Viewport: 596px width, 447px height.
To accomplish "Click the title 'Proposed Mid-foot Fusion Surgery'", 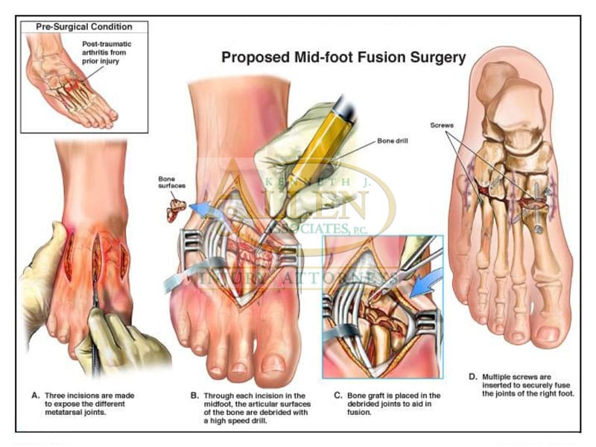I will pyautogui.click(x=343, y=57).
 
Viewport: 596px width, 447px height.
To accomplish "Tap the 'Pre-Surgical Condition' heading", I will pyautogui.click(x=83, y=27).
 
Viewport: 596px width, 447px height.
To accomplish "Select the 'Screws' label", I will pyautogui.click(x=442, y=125).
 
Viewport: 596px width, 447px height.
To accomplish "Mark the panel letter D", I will pyautogui.click(x=473, y=378).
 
